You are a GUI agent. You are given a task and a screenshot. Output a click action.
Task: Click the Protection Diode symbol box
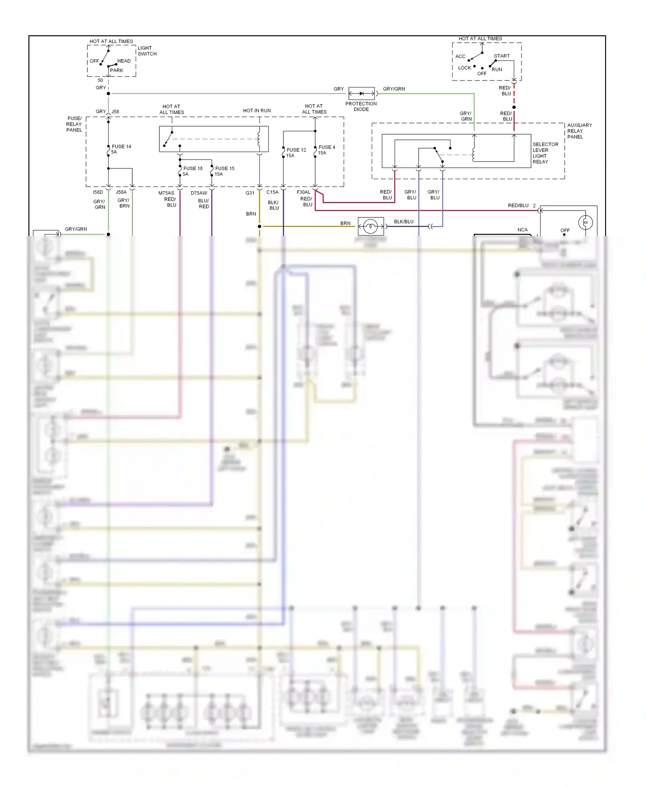[x=361, y=93]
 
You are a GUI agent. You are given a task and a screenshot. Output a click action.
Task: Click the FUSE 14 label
[x=121, y=147]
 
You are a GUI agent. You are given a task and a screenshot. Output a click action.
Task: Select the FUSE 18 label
[x=193, y=169]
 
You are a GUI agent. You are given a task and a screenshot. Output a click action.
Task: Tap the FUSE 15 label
[x=224, y=169]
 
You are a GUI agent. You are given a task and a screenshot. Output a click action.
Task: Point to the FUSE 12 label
[x=296, y=150]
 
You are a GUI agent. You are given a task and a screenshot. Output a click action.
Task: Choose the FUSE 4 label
[x=326, y=147]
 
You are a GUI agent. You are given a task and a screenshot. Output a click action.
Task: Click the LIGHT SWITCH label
[x=147, y=51]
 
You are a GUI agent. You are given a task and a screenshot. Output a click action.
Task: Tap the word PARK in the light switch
[x=116, y=71]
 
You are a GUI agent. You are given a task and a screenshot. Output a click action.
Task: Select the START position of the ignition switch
[x=501, y=56]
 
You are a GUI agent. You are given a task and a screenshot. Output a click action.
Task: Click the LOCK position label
[x=464, y=68]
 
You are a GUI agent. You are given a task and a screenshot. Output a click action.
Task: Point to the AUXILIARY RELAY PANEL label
[x=579, y=131]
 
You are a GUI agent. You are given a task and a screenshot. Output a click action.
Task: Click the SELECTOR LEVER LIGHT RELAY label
[x=545, y=153]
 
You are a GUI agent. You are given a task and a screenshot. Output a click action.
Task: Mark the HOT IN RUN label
[x=257, y=111]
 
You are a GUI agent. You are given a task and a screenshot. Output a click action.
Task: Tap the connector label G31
[x=250, y=193]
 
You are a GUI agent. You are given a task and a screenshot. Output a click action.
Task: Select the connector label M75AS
[x=166, y=193]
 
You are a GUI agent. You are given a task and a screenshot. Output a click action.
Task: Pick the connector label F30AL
[x=303, y=192]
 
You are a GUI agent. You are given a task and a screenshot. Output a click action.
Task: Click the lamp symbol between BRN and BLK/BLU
[x=370, y=226]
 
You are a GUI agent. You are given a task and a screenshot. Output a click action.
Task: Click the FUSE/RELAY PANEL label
[x=74, y=124]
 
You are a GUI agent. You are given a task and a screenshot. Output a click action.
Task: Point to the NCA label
[x=522, y=230]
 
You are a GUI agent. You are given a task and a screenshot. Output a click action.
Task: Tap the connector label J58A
[x=121, y=192]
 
